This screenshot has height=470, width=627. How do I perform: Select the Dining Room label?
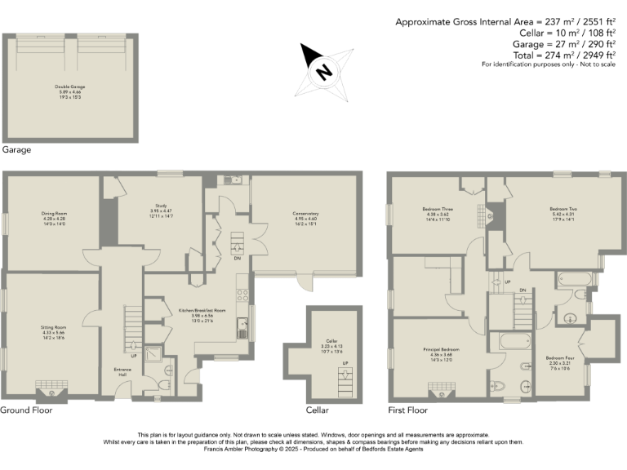tap(55, 218)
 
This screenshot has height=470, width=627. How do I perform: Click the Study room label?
tap(160, 211)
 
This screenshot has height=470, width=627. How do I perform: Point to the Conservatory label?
tap(305, 218)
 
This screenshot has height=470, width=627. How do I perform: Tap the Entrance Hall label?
tap(122, 372)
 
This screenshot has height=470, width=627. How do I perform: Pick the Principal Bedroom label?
tap(440, 354)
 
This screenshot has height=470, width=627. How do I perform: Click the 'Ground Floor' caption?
tap(26, 410)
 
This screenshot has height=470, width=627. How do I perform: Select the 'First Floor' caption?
tap(408, 410)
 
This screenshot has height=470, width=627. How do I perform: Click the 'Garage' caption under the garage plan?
tap(16, 150)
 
